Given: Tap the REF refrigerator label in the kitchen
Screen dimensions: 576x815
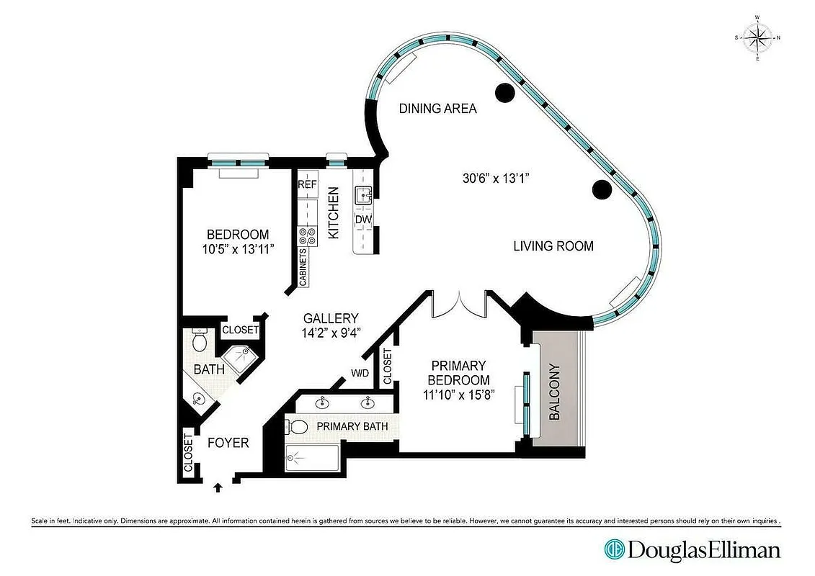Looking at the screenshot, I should [x=308, y=184].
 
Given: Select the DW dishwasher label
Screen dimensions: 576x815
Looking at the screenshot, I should [x=362, y=220].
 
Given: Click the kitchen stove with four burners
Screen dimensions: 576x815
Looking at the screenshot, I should [x=308, y=236].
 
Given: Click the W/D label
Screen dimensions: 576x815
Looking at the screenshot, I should [x=360, y=373].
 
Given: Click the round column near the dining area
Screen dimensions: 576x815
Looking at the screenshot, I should [x=504, y=92].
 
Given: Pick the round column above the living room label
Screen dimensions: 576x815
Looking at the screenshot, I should [x=602, y=189].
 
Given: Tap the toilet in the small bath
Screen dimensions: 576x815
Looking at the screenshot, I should [x=200, y=340].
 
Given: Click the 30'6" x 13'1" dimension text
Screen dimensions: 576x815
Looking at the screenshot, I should [x=496, y=178].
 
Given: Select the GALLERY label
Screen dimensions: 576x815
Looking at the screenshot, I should [x=331, y=318].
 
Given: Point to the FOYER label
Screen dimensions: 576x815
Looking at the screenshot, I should [x=228, y=442].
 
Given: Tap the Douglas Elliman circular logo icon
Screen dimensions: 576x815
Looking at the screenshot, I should [x=614, y=550].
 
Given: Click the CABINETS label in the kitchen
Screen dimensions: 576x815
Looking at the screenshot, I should [x=303, y=267].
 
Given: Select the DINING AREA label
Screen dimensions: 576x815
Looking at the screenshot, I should [x=438, y=109].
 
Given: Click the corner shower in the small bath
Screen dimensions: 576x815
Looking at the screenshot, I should [x=239, y=356].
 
